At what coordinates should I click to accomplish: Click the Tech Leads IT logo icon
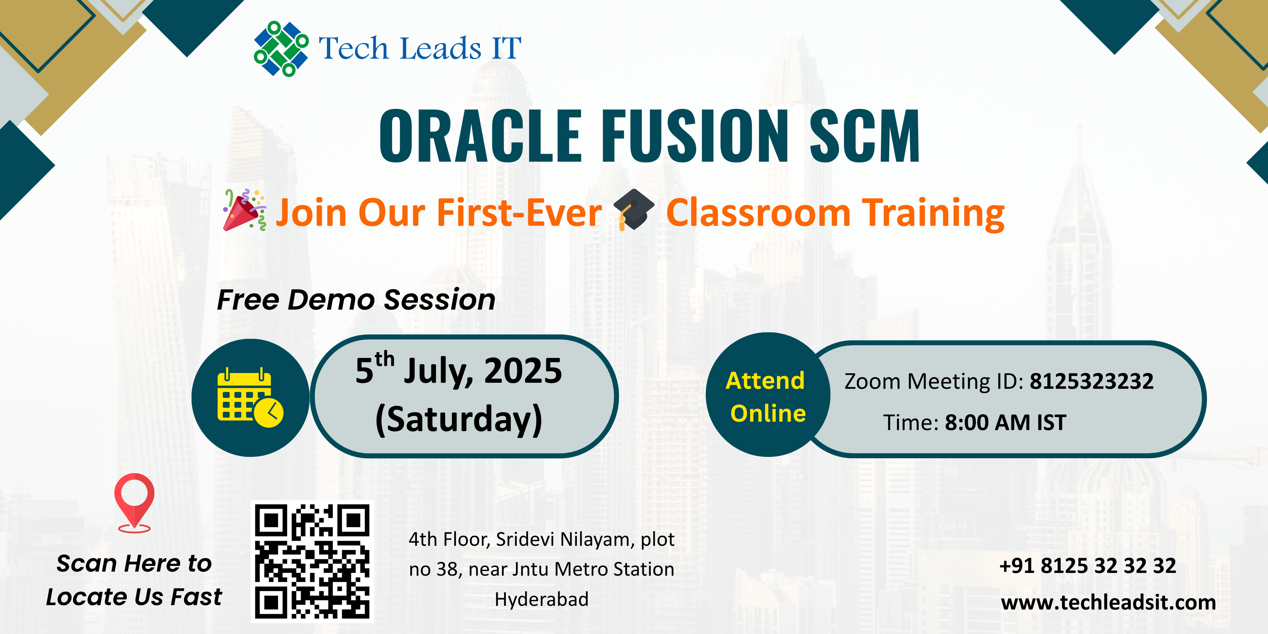pos(281,48)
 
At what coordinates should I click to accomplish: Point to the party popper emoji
pos(245,210)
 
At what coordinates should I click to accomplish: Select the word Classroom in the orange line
pos(758,213)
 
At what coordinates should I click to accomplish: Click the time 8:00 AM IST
pos(1005,422)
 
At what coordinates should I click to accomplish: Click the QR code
pos(312,562)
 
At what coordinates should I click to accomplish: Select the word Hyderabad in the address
pos(541,599)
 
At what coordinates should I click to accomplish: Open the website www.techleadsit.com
pos(1109,602)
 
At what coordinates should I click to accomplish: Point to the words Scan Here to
pos(134,563)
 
